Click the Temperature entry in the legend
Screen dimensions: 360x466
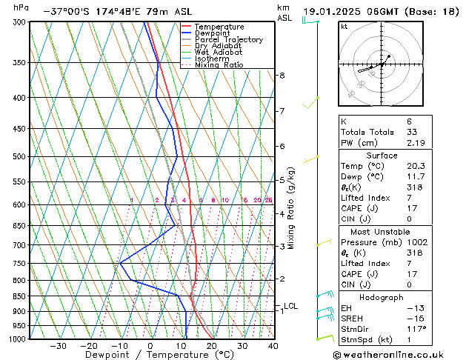(x=219, y=27)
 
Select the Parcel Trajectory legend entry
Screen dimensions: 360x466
(x=228, y=40)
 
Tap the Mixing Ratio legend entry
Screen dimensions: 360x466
(x=219, y=65)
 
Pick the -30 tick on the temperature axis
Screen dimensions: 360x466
(x=58, y=346)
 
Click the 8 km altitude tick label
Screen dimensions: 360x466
(x=282, y=76)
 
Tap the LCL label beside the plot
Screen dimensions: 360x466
(x=290, y=306)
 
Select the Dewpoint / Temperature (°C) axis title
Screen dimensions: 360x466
(x=150, y=356)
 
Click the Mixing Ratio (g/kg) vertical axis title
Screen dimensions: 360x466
(x=292, y=208)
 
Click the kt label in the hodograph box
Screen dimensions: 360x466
(x=344, y=27)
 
